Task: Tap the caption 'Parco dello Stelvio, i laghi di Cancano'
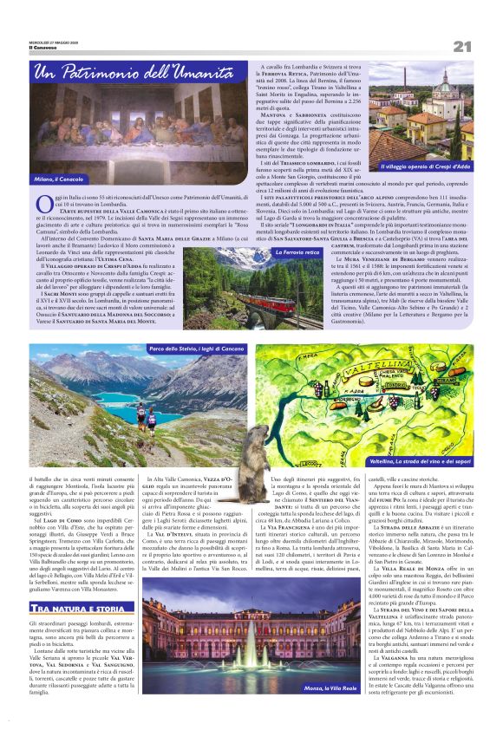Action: click(197, 349)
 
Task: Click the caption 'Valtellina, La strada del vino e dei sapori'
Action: click(419, 462)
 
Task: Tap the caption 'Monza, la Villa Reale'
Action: click(309, 712)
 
